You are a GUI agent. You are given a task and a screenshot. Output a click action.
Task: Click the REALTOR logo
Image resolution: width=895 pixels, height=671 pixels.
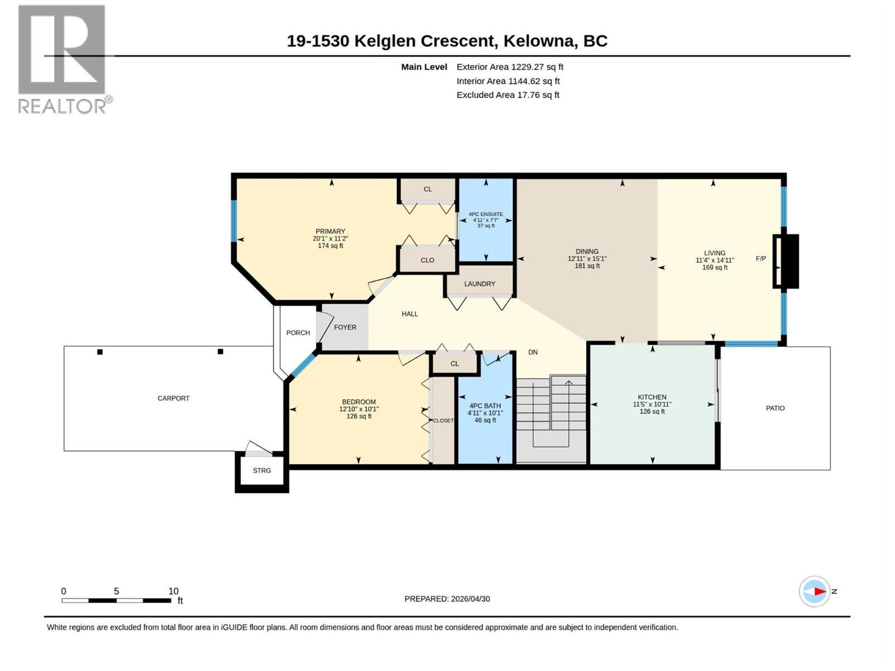point(65,59)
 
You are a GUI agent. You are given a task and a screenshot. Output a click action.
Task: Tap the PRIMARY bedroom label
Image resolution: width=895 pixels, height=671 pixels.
point(330,231)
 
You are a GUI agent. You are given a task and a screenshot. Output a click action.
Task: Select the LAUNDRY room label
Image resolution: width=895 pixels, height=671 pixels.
point(479,283)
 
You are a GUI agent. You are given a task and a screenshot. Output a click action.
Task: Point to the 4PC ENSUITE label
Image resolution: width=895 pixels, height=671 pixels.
point(486,214)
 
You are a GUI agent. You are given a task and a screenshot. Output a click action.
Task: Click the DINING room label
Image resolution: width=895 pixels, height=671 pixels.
point(587,252)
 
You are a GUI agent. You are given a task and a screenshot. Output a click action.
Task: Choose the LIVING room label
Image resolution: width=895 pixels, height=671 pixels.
point(714,253)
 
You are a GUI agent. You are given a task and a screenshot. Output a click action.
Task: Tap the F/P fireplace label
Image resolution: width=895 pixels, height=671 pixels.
point(761,258)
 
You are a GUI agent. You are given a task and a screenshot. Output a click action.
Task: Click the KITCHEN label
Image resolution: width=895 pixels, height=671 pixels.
point(652,397)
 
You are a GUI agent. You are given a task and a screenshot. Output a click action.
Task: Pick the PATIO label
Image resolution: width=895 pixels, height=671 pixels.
point(775,408)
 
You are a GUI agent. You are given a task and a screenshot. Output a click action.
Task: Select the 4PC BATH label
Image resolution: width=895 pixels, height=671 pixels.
point(485,406)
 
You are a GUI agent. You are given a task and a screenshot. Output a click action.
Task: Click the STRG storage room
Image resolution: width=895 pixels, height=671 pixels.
point(262,471)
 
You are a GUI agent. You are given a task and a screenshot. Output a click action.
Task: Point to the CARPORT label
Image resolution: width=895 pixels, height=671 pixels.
point(173,398)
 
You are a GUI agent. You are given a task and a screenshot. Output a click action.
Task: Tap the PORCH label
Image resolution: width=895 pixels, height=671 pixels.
point(298,333)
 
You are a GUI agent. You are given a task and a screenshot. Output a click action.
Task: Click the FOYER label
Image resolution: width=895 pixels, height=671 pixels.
point(345,327)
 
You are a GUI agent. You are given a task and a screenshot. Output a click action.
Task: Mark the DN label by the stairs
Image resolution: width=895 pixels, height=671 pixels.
point(533,352)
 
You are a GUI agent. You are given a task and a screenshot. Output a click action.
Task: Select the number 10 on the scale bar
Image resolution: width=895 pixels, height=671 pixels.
point(173,590)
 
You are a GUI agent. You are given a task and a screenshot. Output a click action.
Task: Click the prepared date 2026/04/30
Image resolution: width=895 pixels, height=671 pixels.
point(470,599)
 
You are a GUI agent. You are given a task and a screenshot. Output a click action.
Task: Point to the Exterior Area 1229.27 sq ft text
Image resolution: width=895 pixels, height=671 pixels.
point(510,67)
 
